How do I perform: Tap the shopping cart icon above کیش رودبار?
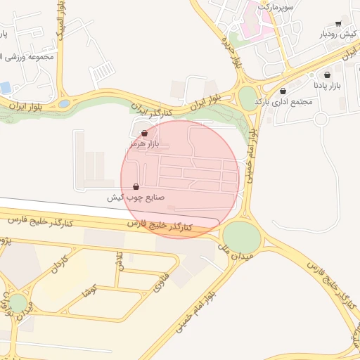pyautogui.click(x=338, y=23)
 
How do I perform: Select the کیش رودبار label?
pyautogui.click(x=339, y=34)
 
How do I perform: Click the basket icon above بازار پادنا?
pyautogui.click(x=327, y=75)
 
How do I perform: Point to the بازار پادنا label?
pyautogui.click(x=326, y=85)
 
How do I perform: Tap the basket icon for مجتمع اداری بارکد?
pyautogui.click(x=283, y=91)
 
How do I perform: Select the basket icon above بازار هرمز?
pyautogui.click(x=145, y=133)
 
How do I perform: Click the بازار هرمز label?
pyautogui.click(x=145, y=143)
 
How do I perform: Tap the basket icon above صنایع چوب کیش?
pyautogui.click(x=136, y=187)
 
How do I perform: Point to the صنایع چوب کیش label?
pyautogui.click(x=135, y=198)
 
